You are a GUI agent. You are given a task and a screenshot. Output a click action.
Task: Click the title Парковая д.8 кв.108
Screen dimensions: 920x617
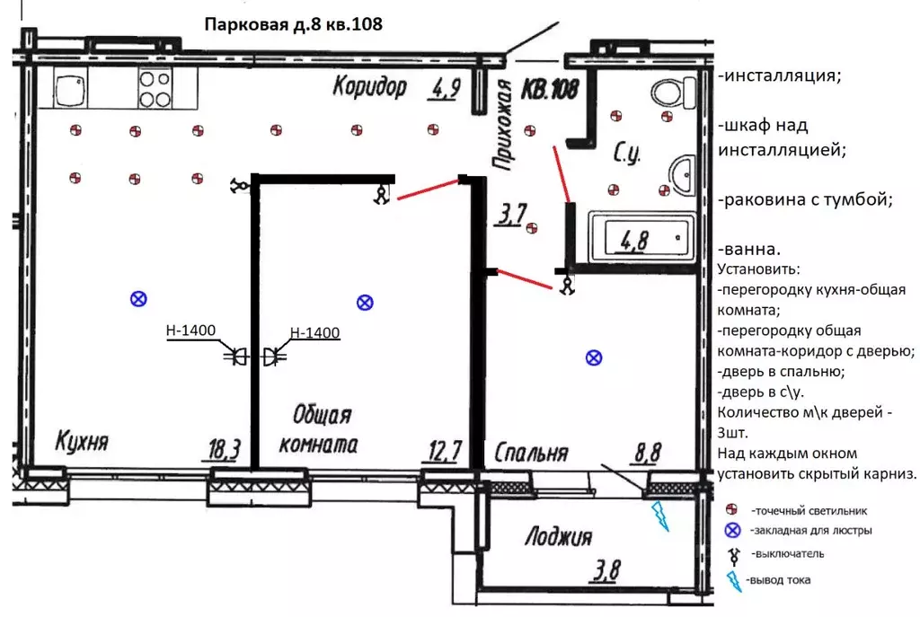click(x=294, y=24)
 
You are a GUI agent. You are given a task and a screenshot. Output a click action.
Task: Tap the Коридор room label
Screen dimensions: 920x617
click(x=369, y=87)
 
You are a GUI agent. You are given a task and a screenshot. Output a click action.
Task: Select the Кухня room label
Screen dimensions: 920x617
click(x=82, y=441)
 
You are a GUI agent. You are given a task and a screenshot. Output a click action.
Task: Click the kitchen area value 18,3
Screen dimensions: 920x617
click(x=225, y=450)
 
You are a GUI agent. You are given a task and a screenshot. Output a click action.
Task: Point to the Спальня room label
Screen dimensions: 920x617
click(x=532, y=453)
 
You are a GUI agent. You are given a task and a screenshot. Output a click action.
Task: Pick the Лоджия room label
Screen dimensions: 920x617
click(x=559, y=536)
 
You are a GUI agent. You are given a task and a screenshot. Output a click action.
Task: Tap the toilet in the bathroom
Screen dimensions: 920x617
click(x=673, y=93)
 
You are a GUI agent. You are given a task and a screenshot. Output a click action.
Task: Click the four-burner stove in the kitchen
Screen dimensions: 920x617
click(x=155, y=89)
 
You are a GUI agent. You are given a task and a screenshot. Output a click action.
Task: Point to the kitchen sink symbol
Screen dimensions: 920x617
click(x=71, y=88)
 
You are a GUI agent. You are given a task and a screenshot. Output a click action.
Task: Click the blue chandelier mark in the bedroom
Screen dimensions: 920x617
click(x=594, y=357)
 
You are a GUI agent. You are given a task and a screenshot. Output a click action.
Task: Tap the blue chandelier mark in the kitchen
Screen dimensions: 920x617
click(x=138, y=299)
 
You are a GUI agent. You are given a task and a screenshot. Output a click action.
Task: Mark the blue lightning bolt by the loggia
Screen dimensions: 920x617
click(x=660, y=516)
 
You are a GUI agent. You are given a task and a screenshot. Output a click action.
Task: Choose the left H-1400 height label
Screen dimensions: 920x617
click(x=190, y=331)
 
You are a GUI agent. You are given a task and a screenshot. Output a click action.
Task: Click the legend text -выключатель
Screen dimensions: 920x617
click(x=788, y=553)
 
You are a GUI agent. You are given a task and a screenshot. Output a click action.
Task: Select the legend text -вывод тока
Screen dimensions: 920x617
click(x=779, y=580)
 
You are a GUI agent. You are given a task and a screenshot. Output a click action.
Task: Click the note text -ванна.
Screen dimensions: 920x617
click(x=749, y=250)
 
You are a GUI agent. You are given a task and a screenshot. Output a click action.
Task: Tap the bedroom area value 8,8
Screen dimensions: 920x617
click(x=648, y=453)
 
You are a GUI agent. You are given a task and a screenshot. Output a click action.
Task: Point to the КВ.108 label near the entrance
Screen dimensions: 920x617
click(x=550, y=90)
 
